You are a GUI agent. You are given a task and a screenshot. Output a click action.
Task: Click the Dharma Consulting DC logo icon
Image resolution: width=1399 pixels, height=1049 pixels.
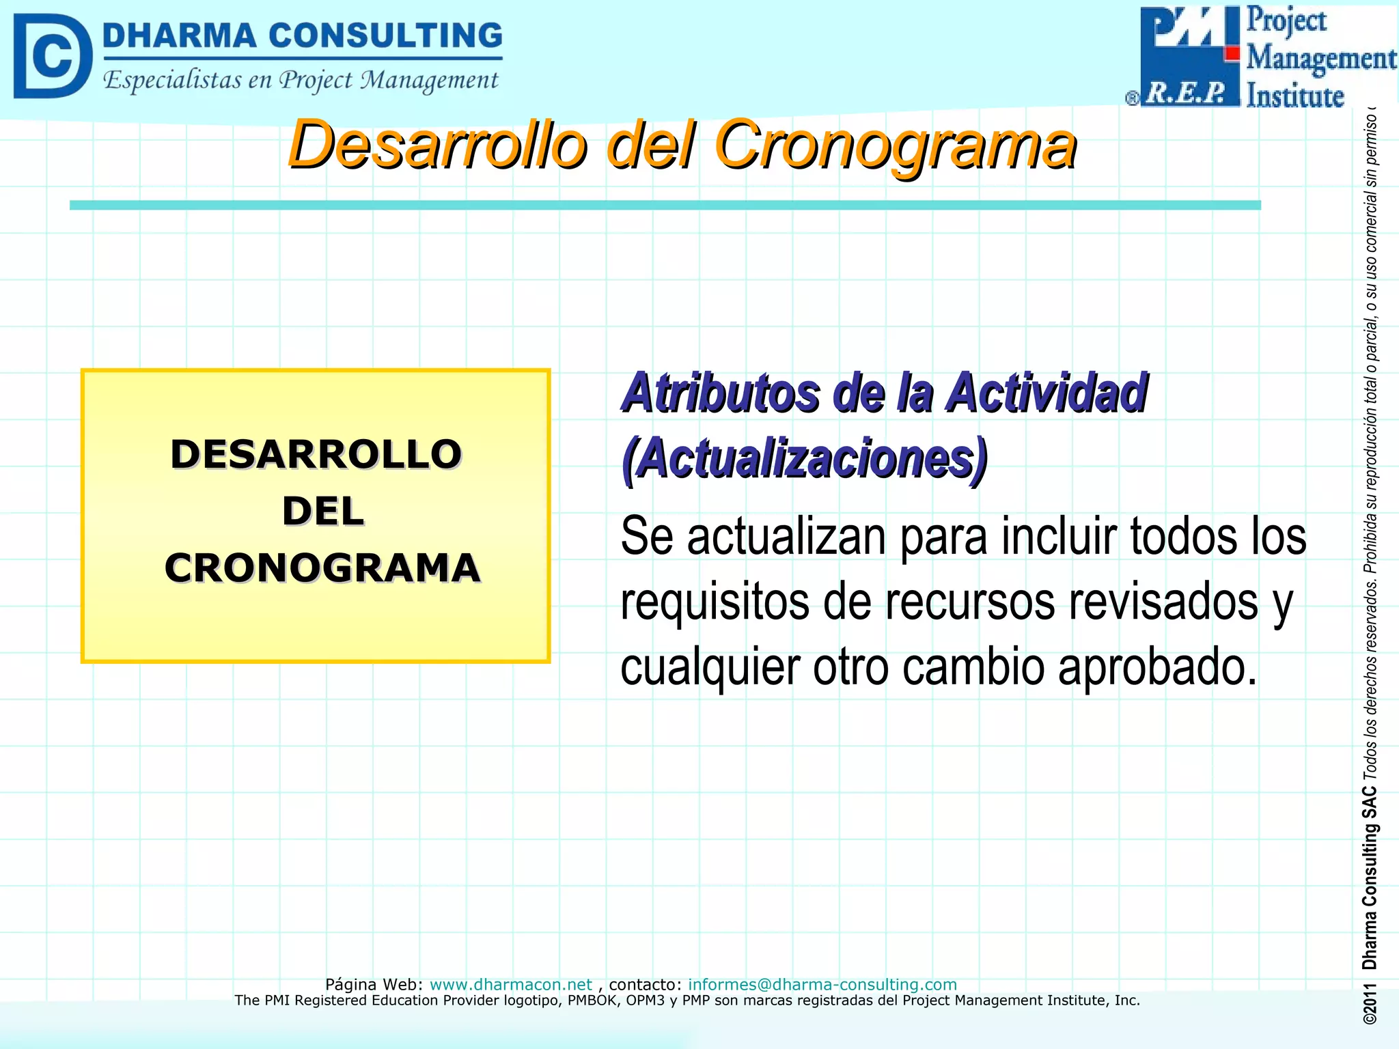pyautogui.click(x=52, y=56)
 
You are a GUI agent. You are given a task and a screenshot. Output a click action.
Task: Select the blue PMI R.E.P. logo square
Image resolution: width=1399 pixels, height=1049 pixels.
pyautogui.click(x=1189, y=56)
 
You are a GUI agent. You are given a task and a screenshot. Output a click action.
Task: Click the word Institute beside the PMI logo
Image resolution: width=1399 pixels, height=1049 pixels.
pyautogui.click(x=1294, y=96)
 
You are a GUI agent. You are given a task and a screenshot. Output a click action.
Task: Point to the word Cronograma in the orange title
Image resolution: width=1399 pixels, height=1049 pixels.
pyautogui.click(x=895, y=145)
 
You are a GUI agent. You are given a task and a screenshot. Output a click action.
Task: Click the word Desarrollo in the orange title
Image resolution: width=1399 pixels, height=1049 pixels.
pyautogui.click(x=437, y=145)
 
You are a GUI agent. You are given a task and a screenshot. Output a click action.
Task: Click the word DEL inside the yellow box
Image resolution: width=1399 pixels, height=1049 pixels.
pyautogui.click(x=322, y=512)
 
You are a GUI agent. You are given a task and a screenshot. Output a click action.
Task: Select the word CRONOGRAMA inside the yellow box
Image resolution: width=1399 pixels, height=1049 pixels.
pyautogui.click(x=322, y=568)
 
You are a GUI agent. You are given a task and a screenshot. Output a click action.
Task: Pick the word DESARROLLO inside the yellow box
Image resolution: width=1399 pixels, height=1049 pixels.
pyautogui.click(x=316, y=454)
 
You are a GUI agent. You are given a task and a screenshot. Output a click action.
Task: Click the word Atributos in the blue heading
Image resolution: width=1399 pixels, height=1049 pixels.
pyautogui.click(x=721, y=393)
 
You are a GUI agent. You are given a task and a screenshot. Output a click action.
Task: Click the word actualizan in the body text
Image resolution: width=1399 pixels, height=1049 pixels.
pyautogui.click(x=786, y=537)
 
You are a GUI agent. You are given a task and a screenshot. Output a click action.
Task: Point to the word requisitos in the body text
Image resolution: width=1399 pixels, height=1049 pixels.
pyautogui.click(x=715, y=602)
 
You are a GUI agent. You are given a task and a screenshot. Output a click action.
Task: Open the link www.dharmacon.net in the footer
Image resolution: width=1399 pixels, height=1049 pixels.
pyautogui.click(x=510, y=984)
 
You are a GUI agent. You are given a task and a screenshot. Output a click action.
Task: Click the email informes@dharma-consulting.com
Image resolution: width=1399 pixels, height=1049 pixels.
pyautogui.click(x=822, y=984)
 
